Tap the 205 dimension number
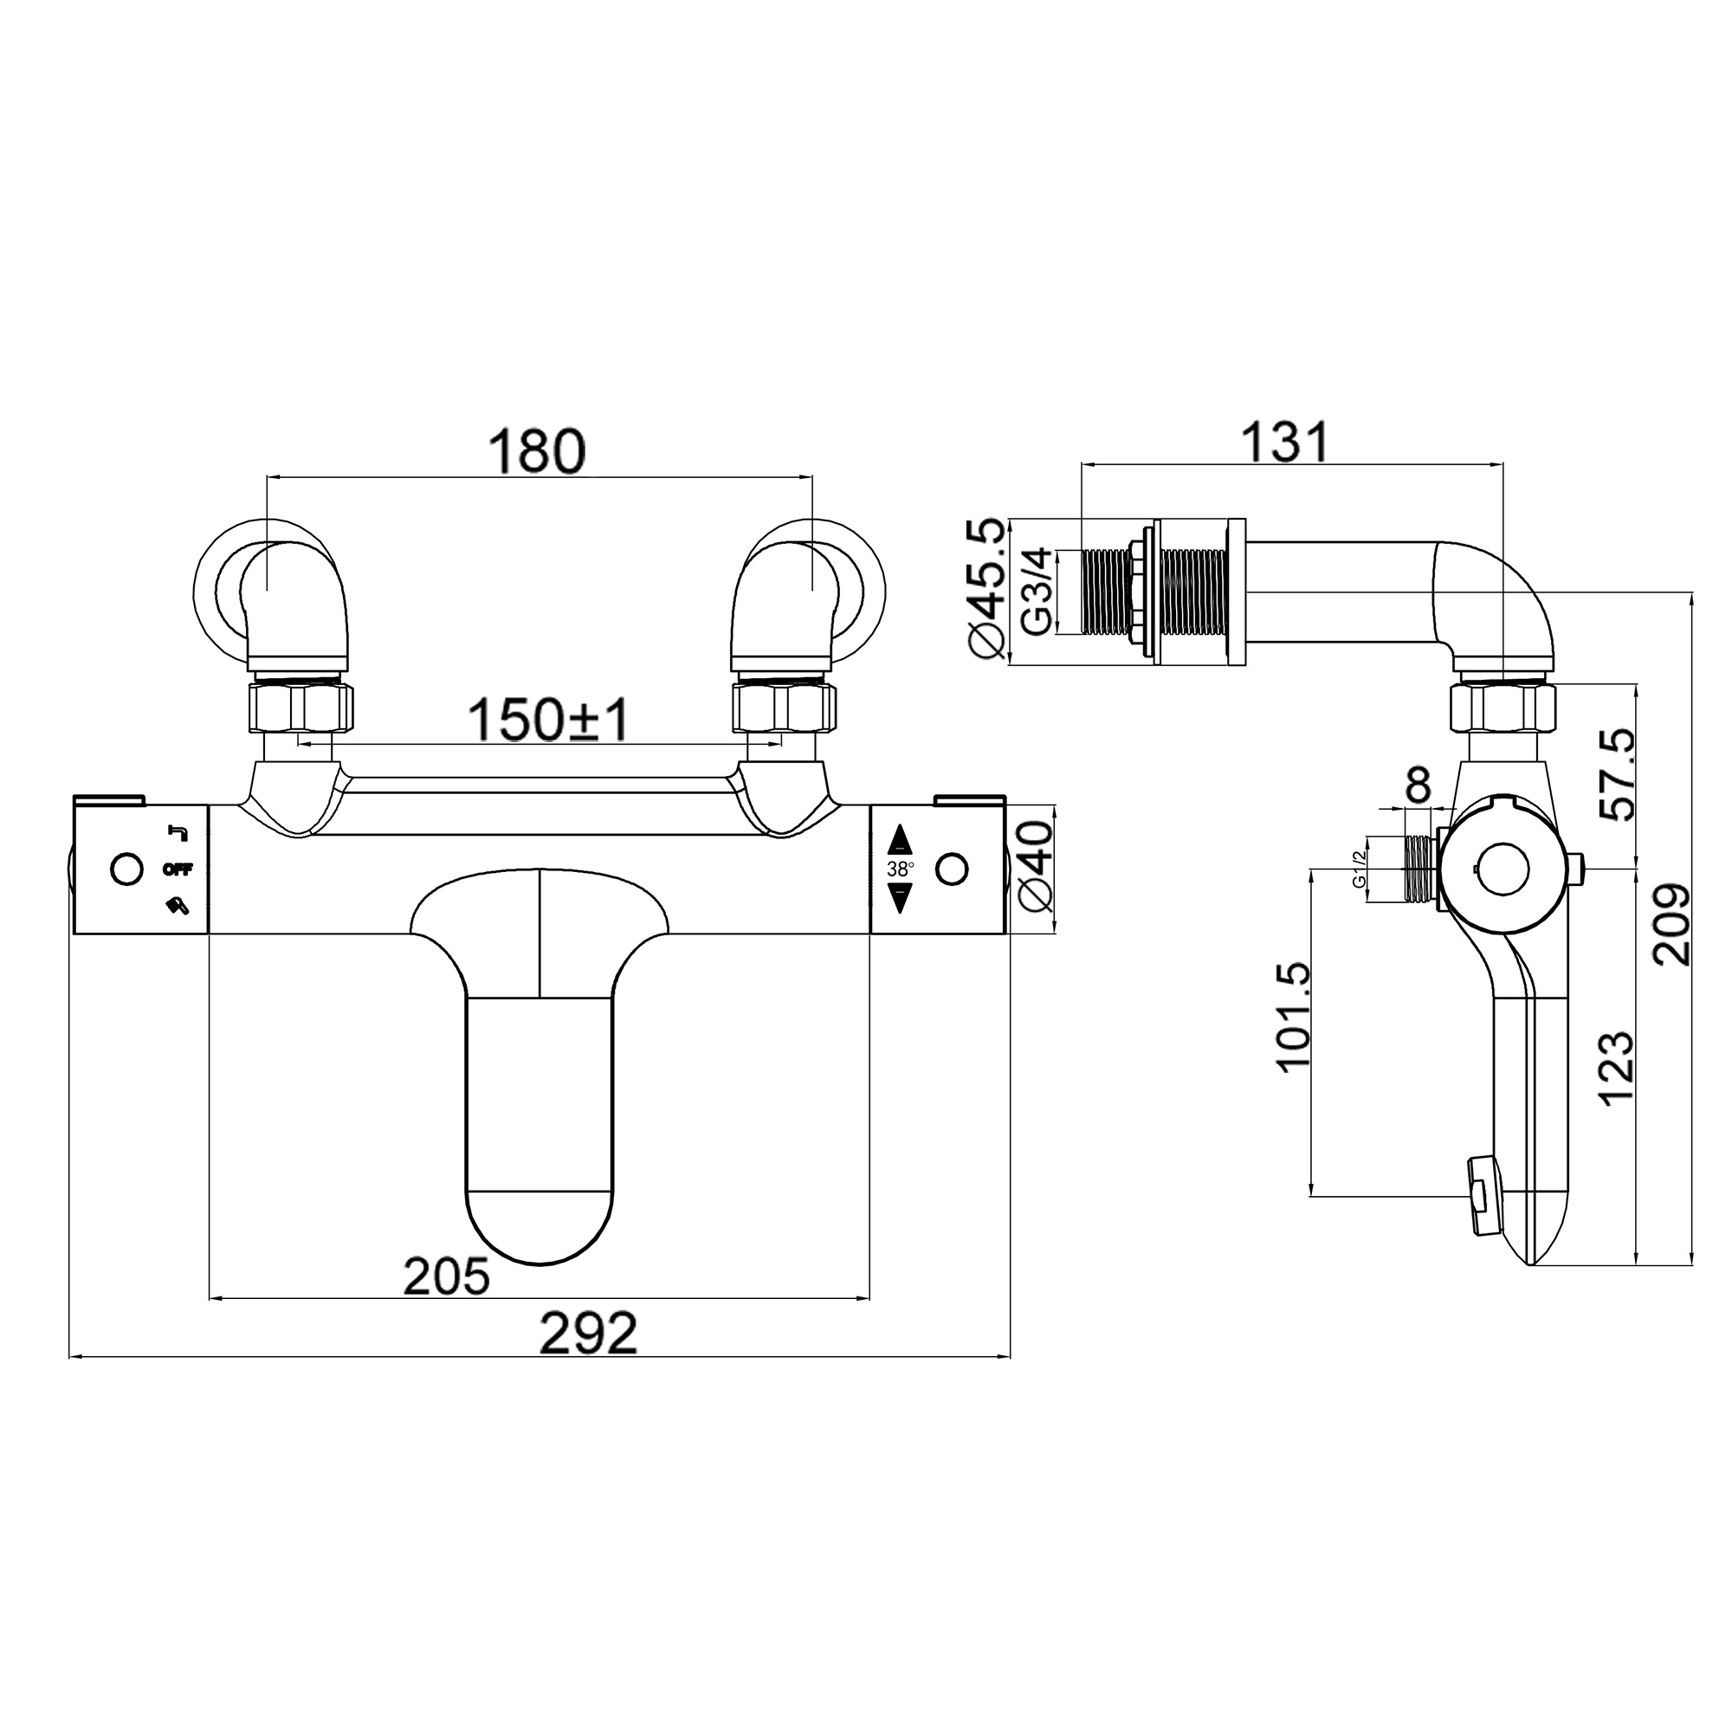point(447,1276)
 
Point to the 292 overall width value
point(588,1335)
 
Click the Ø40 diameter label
point(1037,869)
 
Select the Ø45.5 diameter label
point(987,588)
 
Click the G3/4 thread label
point(1037,592)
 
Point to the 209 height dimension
point(1671,924)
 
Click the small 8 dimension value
point(1418,786)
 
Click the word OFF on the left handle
point(178,869)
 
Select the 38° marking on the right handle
point(900,869)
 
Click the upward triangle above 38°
point(900,841)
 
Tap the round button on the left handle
point(126,869)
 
